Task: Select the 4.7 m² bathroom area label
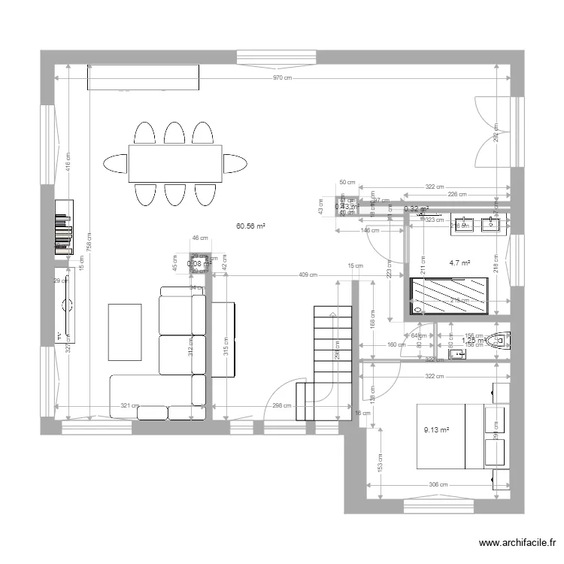tap(459, 263)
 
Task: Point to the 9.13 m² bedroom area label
tap(436, 430)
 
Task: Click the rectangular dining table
tap(174, 163)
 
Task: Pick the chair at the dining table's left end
tap(115, 163)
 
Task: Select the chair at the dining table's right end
tap(235, 163)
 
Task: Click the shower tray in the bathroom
tap(448, 295)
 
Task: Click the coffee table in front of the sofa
tap(125, 332)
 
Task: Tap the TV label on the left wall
tap(57, 335)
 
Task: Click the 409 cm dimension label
tap(307, 274)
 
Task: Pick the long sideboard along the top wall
tap(143, 76)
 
